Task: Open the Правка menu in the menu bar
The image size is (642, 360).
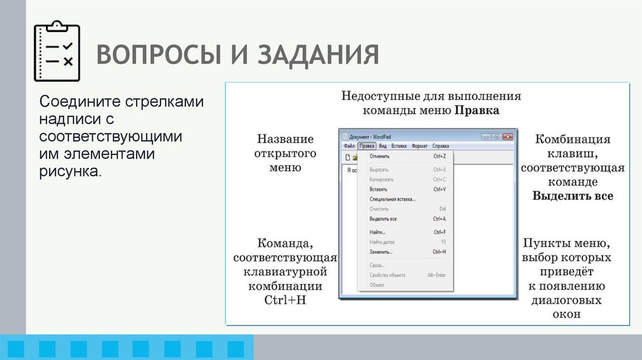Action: click(367, 146)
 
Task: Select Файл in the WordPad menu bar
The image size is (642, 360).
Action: click(349, 146)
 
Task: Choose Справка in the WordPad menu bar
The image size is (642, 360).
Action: click(440, 146)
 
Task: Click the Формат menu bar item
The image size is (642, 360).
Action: click(419, 146)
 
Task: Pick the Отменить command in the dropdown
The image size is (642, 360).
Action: click(379, 156)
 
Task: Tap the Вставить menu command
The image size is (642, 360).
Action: click(378, 189)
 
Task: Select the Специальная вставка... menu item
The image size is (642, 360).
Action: click(392, 199)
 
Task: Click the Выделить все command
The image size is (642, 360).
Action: click(382, 219)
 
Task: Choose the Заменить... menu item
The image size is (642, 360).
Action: click(381, 252)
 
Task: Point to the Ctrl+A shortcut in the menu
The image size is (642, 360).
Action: click(439, 219)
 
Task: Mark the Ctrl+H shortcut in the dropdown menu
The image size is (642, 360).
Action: click(439, 252)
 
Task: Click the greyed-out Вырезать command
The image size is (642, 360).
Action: click(379, 169)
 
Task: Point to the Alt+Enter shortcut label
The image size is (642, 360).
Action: click(436, 275)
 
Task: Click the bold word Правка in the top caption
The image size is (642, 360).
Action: click(476, 111)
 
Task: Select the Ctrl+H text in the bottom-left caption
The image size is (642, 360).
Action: click(285, 300)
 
